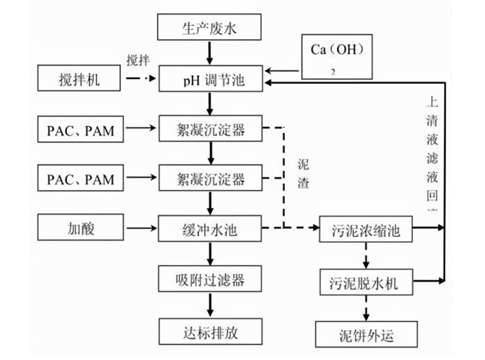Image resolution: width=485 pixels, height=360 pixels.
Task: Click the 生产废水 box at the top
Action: coord(210,28)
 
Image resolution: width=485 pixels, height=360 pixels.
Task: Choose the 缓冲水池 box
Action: coord(210,228)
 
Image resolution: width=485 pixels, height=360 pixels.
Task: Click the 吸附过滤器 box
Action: coord(210,278)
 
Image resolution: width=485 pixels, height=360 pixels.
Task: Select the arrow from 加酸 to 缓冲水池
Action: coord(139,228)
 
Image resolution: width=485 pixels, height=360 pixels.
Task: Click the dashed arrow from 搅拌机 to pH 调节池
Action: coord(139,78)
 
